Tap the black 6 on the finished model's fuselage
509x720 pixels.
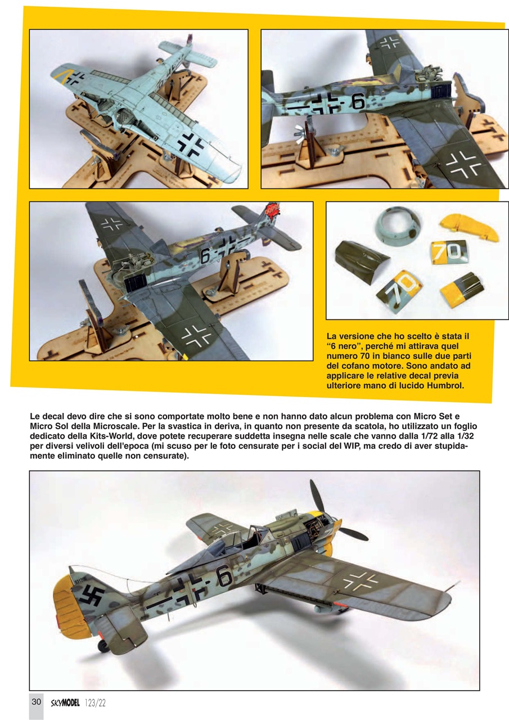(224, 577)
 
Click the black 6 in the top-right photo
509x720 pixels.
(358, 101)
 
